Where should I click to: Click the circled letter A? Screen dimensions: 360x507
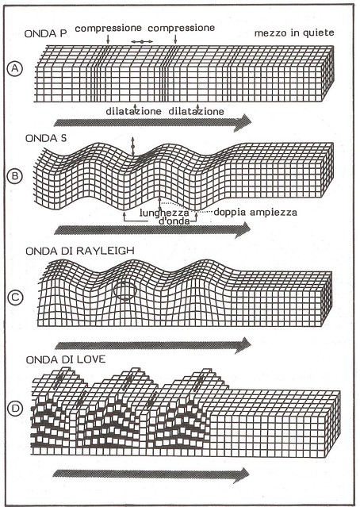click(15, 69)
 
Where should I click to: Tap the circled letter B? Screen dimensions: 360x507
click(15, 176)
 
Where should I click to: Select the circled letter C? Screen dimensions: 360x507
click(15, 298)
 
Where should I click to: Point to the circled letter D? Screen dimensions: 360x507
click(15, 409)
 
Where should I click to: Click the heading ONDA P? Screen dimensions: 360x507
click(45, 34)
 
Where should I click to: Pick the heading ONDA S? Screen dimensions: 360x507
click(46, 138)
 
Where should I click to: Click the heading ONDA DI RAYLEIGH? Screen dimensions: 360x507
click(80, 251)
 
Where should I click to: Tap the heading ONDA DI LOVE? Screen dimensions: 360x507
click(66, 359)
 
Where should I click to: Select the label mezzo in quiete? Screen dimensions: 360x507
click(294, 33)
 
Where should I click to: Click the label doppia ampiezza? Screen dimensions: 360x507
click(255, 212)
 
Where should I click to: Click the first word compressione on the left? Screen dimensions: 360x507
click(109, 29)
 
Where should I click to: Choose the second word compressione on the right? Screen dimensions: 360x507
click(182, 28)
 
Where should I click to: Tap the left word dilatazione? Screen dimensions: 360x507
click(133, 111)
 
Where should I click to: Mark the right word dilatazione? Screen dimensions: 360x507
click(196, 111)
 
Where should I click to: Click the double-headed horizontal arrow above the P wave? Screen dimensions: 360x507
click(142, 42)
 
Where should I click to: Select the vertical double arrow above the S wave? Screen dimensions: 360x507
click(132, 147)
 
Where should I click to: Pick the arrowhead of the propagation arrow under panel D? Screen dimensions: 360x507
click(241, 475)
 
